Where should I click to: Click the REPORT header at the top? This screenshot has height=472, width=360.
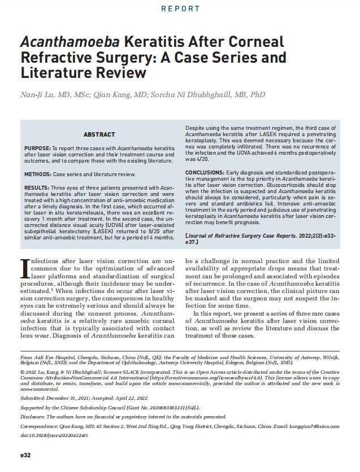(180, 9)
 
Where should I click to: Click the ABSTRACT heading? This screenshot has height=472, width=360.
(100, 134)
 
